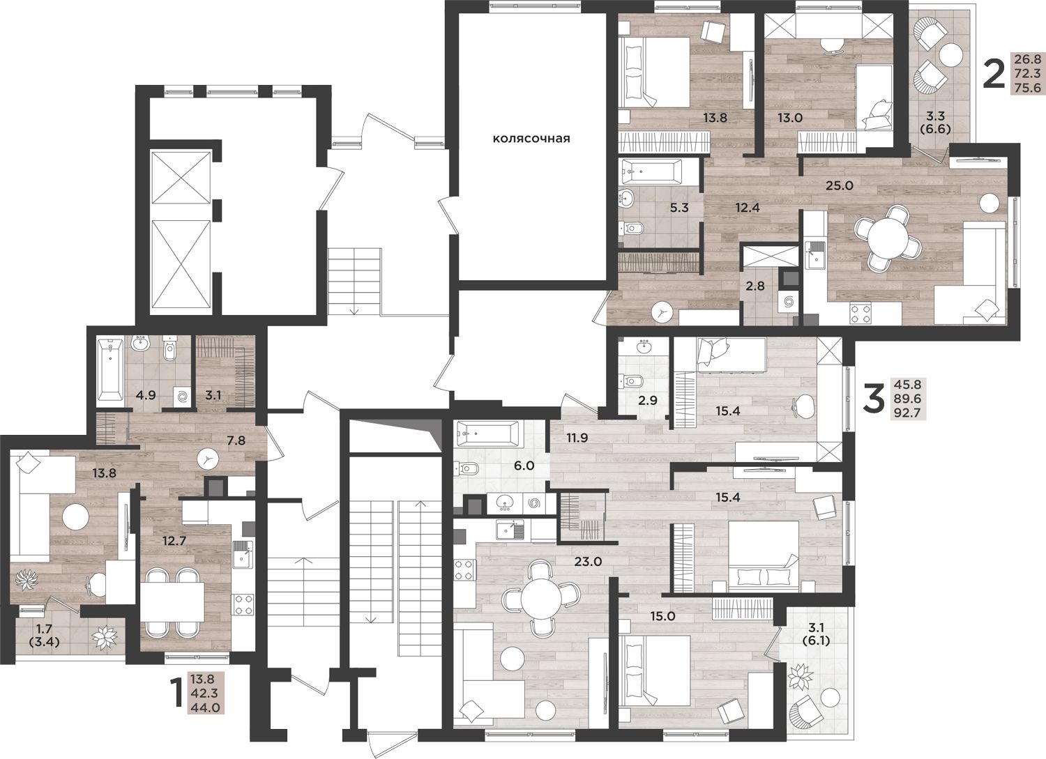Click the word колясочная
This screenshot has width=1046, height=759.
(x=532, y=139)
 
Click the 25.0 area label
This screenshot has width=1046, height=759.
(x=839, y=185)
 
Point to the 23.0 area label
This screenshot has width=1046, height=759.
(x=587, y=562)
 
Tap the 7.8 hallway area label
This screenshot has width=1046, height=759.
(x=236, y=440)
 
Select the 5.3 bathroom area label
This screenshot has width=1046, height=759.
(x=679, y=208)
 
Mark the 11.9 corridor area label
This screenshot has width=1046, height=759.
(x=577, y=438)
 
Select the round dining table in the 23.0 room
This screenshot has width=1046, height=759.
(x=540, y=598)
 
